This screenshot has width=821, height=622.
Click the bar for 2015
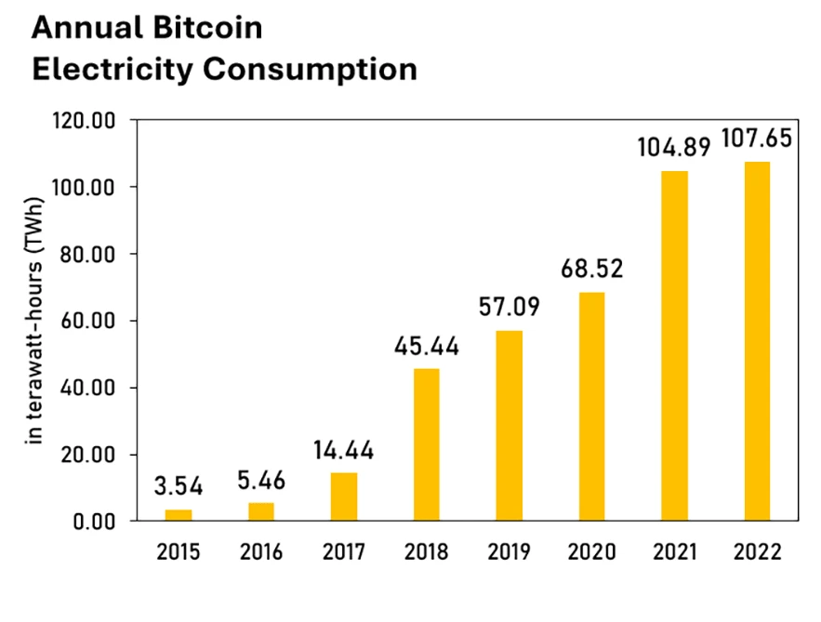click(x=179, y=514)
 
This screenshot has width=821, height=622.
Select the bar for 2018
click(x=426, y=444)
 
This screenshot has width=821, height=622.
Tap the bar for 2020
click(x=591, y=406)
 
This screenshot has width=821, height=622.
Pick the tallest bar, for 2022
click(x=757, y=341)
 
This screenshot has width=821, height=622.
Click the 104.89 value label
click(x=674, y=147)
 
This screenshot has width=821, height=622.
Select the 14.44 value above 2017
click(x=343, y=450)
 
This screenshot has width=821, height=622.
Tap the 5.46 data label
click(x=260, y=481)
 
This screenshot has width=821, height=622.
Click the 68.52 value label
click(x=591, y=269)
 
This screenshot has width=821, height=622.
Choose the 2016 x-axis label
click(x=260, y=552)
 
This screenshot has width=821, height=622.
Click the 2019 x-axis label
click(x=509, y=552)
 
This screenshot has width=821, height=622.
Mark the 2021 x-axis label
click(x=674, y=552)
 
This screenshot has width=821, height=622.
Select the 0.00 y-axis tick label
click(x=97, y=522)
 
